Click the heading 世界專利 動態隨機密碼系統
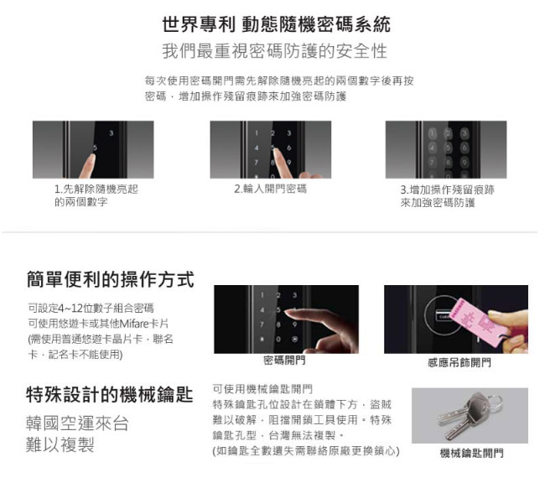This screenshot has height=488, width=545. [x=277, y=24]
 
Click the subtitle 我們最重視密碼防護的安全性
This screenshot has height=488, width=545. [x=274, y=51]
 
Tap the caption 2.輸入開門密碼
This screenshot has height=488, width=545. [x=271, y=189]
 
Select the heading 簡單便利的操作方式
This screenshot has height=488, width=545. [x=110, y=280]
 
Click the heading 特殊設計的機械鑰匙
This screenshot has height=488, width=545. [x=110, y=394]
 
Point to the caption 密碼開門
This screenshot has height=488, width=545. [x=284, y=361]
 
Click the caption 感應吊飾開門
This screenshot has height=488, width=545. [x=459, y=362]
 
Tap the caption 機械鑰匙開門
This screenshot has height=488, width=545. [x=472, y=453]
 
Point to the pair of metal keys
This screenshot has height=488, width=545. [x=468, y=415]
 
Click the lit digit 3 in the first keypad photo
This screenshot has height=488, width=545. [x=112, y=133]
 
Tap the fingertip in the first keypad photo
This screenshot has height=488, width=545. [x=91, y=158]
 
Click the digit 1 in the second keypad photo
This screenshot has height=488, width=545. [x=257, y=132]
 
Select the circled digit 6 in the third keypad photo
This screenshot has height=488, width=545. [x=465, y=148]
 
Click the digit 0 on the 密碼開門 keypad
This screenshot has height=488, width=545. [x=278, y=340]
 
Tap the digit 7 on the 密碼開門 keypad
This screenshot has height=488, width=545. [x=262, y=324]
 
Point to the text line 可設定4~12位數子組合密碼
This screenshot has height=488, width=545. [x=91, y=308]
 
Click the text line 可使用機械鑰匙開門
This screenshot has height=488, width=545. [x=262, y=389]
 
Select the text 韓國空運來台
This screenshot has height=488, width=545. [x=77, y=423]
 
